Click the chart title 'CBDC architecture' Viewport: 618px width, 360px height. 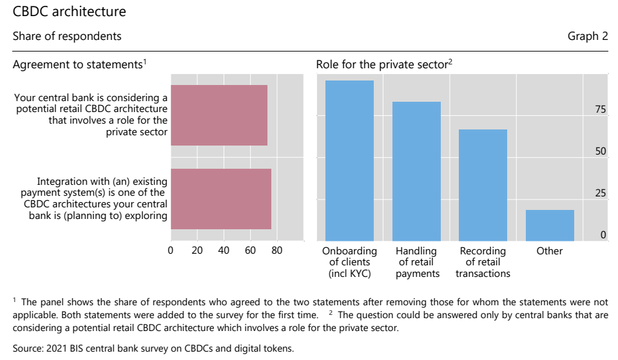(x=70, y=12)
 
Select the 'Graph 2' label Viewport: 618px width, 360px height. (x=587, y=36)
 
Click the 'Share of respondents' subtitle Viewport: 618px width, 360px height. (x=67, y=36)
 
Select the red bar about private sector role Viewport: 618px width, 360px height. (x=219, y=115)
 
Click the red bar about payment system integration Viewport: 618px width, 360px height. (x=221, y=198)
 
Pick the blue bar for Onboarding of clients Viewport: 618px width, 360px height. (x=349, y=160)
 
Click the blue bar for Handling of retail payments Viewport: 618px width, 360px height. (x=416, y=171)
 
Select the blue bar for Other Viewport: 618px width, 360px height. (x=550, y=225)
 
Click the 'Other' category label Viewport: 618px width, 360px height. (x=550, y=251)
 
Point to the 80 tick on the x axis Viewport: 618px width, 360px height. (x=276, y=251)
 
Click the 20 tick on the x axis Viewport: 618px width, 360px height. (x=197, y=251)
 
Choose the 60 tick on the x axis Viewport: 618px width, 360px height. (x=250, y=251)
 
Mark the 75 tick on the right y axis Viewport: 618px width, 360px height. (x=600, y=110)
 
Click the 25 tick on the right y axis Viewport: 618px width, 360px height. (x=600, y=194)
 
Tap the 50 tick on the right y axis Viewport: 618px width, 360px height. (x=600, y=152)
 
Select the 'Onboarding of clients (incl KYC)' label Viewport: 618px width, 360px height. (x=349, y=262)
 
